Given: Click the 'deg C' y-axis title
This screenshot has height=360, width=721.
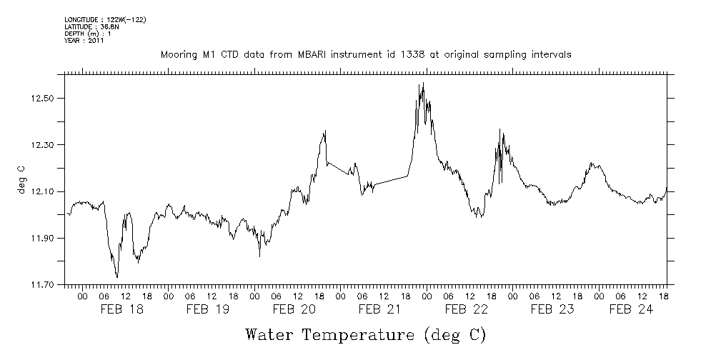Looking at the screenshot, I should (21, 179).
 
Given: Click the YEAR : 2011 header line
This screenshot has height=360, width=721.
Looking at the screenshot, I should (84, 41).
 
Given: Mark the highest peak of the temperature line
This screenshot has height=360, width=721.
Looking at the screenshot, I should (424, 83).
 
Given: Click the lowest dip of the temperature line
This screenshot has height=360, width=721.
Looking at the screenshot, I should (117, 277).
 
